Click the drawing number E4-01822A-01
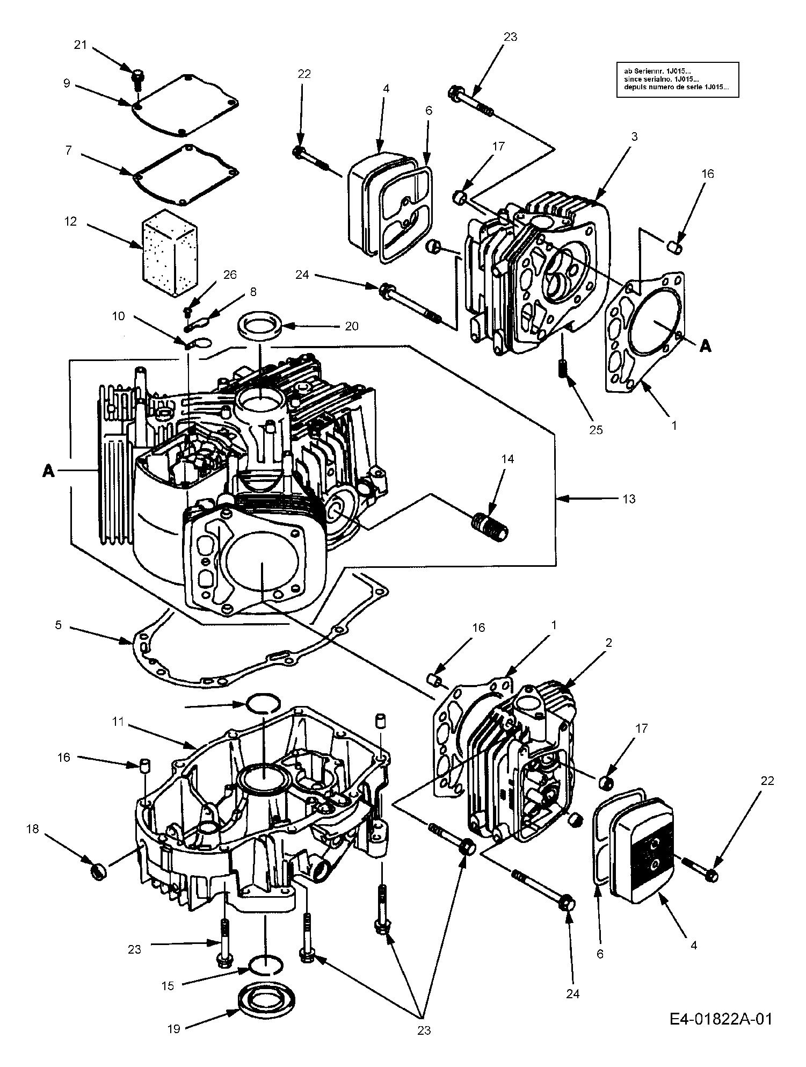click(x=721, y=1018)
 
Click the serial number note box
click(x=678, y=80)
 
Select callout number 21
click(x=80, y=45)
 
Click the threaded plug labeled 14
click(x=490, y=523)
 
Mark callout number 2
click(x=608, y=643)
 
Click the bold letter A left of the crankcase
click(x=49, y=471)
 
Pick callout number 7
click(x=68, y=150)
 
